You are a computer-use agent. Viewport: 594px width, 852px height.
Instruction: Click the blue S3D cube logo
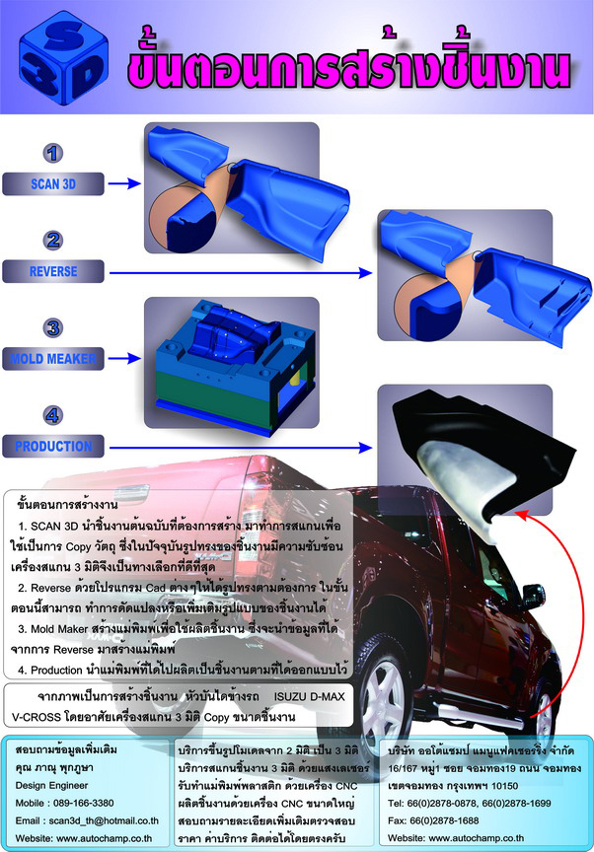[x=63, y=58]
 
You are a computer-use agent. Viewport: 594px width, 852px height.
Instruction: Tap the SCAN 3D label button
[x=52, y=183]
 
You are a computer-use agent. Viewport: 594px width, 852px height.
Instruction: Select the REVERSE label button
[x=52, y=271]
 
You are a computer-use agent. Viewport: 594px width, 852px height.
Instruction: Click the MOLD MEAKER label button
[x=52, y=359]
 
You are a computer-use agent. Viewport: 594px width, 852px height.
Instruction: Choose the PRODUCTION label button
[x=52, y=446]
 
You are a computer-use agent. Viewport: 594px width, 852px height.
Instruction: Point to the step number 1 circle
[x=52, y=153]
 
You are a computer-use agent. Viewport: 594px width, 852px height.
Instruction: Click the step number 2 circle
[x=52, y=241]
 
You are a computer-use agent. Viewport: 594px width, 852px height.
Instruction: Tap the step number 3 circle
[x=52, y=327]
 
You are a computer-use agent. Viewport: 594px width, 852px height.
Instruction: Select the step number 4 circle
[x=52, y=416]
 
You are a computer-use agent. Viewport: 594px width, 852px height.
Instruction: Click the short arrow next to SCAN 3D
[x=124, y=183]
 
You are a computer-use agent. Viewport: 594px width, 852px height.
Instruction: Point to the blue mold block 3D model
[x=235, y=366]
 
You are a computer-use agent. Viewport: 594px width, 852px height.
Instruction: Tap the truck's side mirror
[x=533, y=596]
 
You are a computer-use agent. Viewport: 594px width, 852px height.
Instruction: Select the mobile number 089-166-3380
[x=80, y=803]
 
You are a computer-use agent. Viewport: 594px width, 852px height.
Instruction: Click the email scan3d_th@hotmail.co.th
[x=104, y=820]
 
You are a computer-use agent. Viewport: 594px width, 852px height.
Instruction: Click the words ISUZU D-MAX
[x=309, y=696]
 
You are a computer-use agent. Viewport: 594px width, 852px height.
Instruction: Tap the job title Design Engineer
[x=51, y=786]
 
